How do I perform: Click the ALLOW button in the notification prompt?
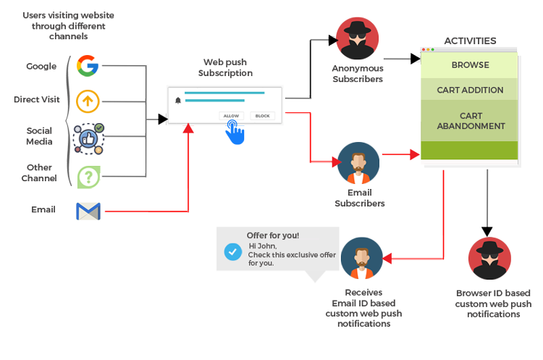[231, 116]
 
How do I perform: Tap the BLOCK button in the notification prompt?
[262, 116]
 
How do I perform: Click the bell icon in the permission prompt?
[178, 101]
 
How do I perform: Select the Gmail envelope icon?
[88, 211]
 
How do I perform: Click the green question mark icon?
[88, 176]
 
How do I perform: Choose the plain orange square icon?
[88, 101]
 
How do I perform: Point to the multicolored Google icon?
[88, 66]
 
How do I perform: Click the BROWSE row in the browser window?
[470, 65]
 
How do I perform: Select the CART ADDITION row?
[470, 91]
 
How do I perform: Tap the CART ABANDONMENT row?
[470, 121]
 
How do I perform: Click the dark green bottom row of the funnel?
[470, 151]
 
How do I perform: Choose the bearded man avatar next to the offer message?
[361, 259]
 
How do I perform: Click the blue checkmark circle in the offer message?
[232, 251]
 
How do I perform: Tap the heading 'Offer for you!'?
[273, 235]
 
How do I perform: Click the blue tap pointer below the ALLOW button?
[234, 133]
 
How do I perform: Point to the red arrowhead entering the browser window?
[415, 154]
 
